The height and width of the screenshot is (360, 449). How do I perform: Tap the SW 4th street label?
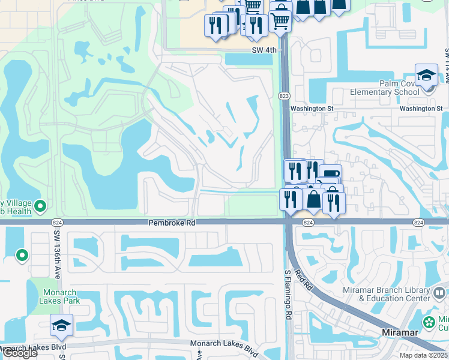click(x=264, y=50)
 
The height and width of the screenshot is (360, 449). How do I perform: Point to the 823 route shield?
click(x=285, y=96)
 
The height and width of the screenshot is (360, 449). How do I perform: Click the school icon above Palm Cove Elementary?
click(x=426, y=76)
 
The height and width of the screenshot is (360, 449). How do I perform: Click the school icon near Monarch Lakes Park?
click(x=61, y=325)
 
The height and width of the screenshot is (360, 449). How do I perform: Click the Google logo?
click(x=19, y=353)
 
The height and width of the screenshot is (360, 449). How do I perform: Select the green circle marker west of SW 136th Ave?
click(x=22, y=256)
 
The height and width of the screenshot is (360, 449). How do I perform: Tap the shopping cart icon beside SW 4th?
click(x=280, y=22)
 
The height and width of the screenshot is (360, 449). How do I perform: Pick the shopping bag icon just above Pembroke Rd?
click(x=313, y=199)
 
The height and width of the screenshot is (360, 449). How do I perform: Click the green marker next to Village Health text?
click(x=40, y=206)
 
